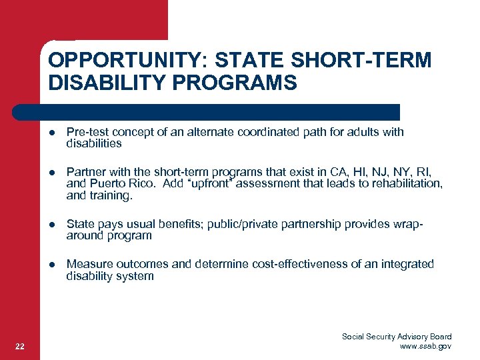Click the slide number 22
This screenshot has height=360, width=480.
20,345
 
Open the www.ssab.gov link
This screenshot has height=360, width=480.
425,346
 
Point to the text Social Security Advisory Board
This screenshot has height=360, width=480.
397,337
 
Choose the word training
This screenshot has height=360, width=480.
111,195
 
